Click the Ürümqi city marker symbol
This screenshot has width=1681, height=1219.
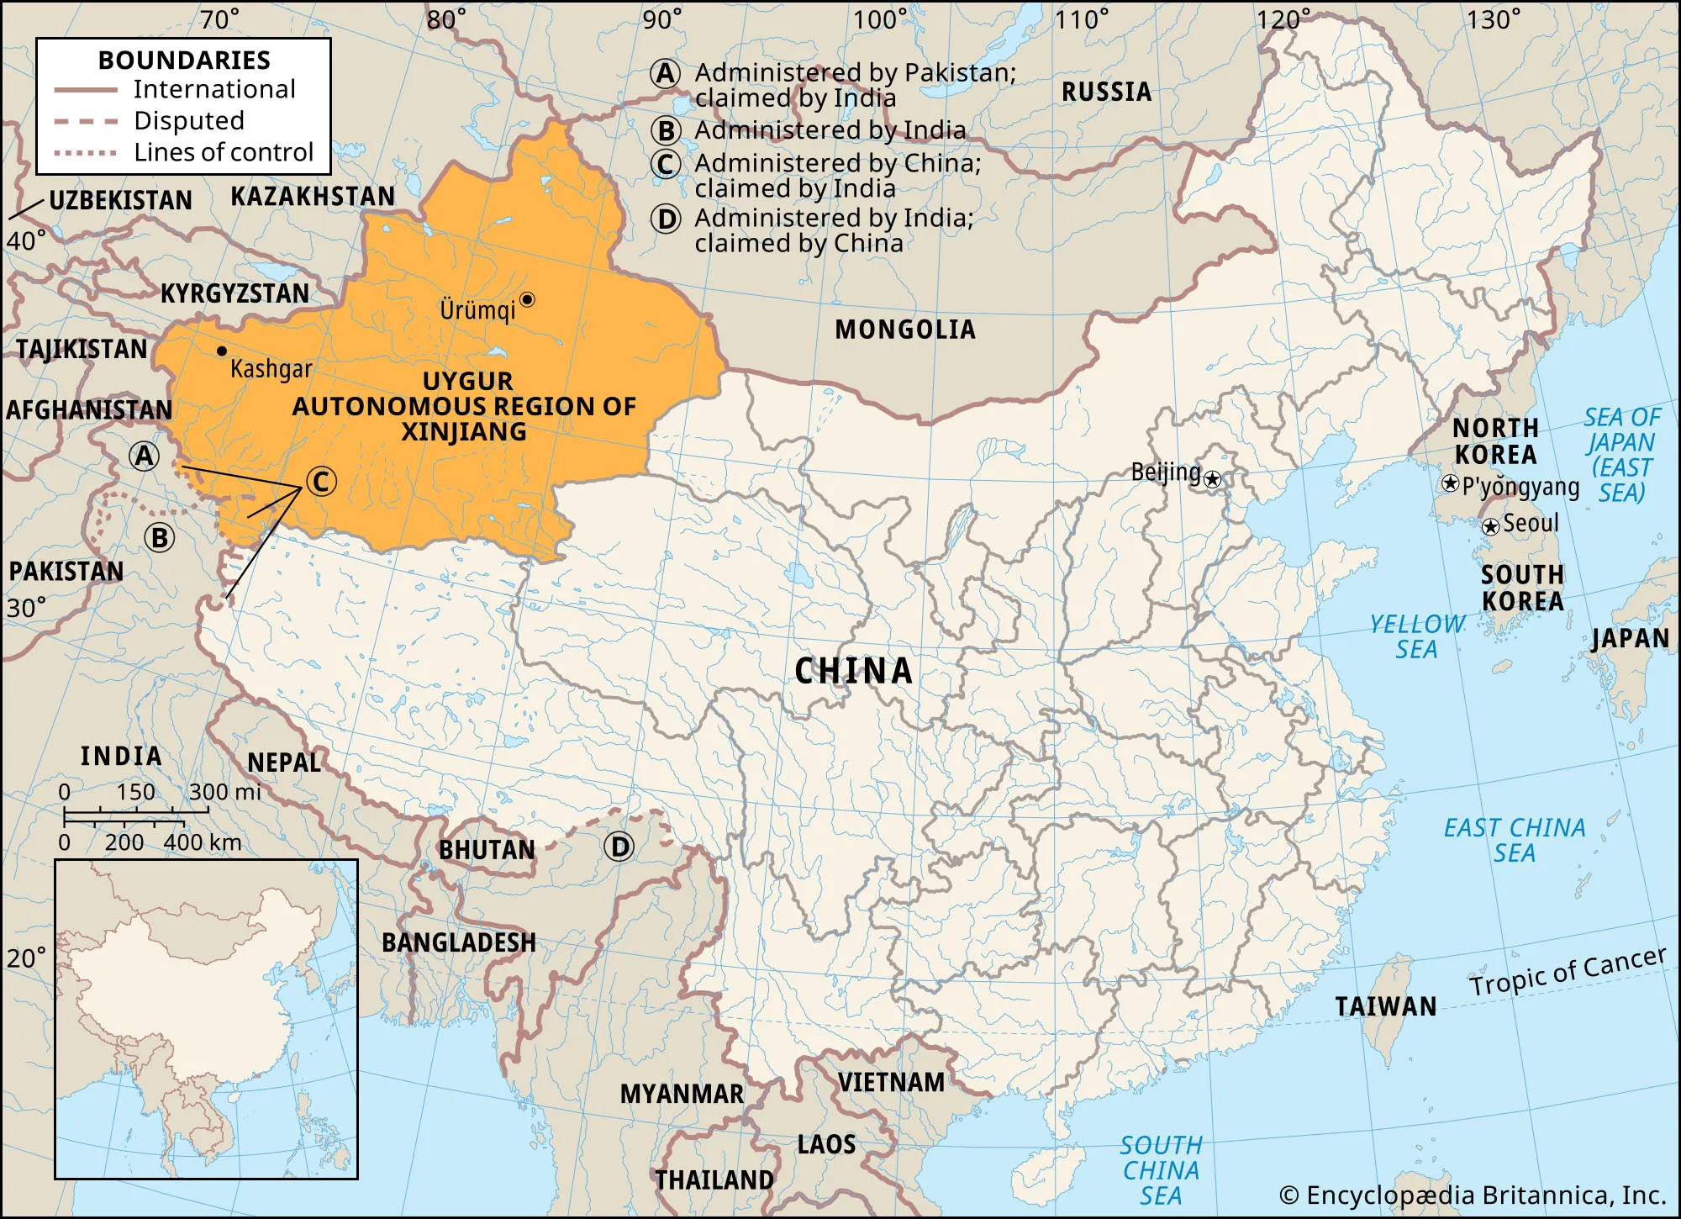527,299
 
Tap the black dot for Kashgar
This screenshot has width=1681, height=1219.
222,351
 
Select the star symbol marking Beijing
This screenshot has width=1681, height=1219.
1212,480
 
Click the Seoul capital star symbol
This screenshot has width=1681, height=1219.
1490,527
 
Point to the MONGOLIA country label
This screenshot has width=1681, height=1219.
905,330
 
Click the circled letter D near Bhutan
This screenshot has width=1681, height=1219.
619,847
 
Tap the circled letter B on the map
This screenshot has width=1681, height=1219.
160,537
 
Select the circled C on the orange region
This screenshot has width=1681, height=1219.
320,482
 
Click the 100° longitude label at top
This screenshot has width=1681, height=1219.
880,19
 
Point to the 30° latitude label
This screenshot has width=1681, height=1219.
26,608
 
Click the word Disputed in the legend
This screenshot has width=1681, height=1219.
189,121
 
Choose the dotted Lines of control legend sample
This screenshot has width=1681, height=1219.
85,153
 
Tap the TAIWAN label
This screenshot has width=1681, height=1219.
1386,1006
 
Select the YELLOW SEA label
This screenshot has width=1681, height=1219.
1417,636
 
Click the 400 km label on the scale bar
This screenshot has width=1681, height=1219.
203,842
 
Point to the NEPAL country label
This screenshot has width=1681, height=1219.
284,763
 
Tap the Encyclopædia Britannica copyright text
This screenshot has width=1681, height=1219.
1472,1195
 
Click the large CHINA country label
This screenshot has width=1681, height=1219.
853,671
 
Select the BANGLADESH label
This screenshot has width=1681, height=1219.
459,942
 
